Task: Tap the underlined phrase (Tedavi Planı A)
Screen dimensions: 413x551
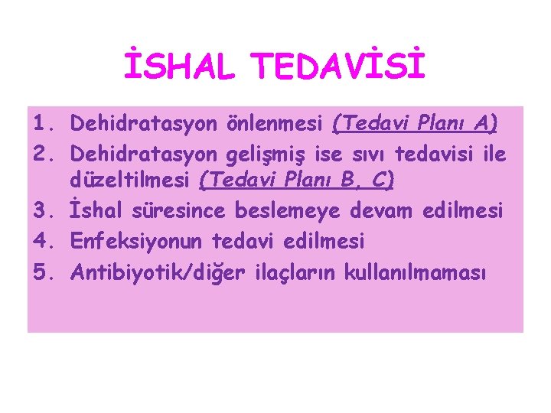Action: click(x=416, y=122)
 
